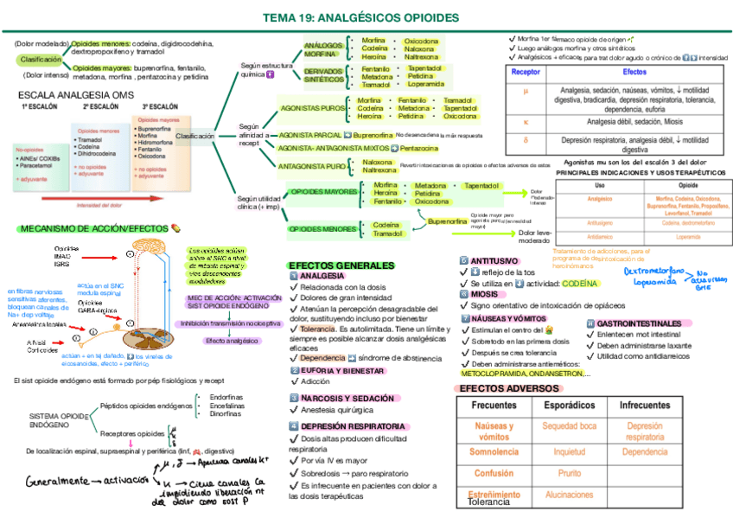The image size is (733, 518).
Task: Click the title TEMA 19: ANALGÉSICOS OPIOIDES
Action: pyautogui.click(x=360, y=17)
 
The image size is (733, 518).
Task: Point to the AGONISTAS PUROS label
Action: pyautogui.click(x=312, y=108)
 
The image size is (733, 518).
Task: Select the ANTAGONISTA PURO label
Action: pyautogui.click(x=312, y=164)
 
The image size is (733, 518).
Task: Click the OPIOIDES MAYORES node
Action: pyautogui.click(x=322, y=191)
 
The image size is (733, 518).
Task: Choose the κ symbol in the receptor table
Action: pyautogui.click(x=526, y=121)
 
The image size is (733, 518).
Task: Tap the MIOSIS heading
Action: pyautogui.click(x=489, y=294)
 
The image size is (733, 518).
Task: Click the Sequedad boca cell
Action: pyautogui.click(x=569, y=426)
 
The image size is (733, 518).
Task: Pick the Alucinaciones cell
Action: pyautogui.click(x=569, y=495)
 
